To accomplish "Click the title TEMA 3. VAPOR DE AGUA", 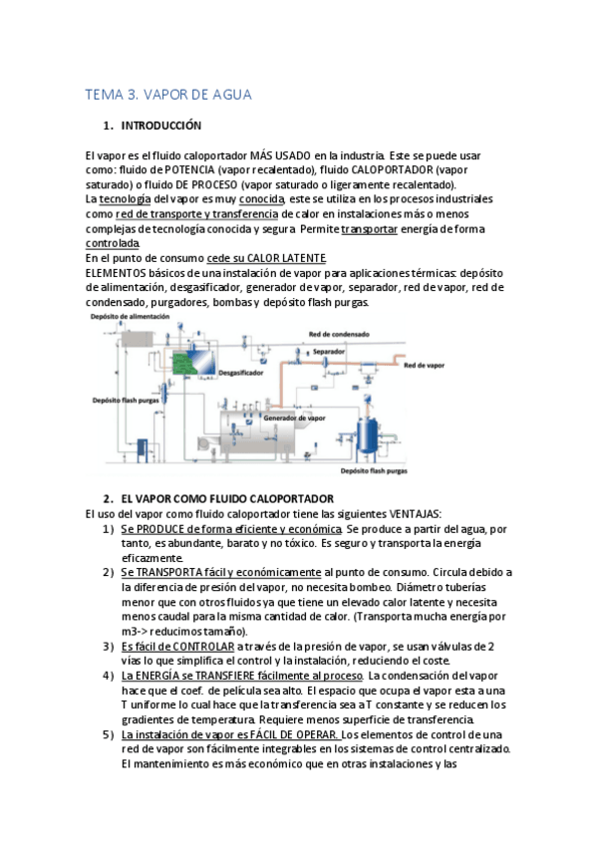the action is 168,95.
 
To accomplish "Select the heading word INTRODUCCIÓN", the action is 161,126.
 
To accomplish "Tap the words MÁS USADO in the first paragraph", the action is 280,155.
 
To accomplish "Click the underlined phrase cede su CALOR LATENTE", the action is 266,258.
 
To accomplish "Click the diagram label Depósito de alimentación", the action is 130,317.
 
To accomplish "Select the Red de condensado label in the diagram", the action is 339,334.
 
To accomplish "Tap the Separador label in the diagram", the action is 329,352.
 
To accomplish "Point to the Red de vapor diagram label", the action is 424,366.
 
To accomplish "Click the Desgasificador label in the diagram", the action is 241,373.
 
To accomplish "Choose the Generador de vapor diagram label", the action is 294,419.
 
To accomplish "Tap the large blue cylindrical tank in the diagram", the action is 369,434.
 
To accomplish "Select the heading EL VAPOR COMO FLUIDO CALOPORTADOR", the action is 227,499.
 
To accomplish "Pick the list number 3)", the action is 109,647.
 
